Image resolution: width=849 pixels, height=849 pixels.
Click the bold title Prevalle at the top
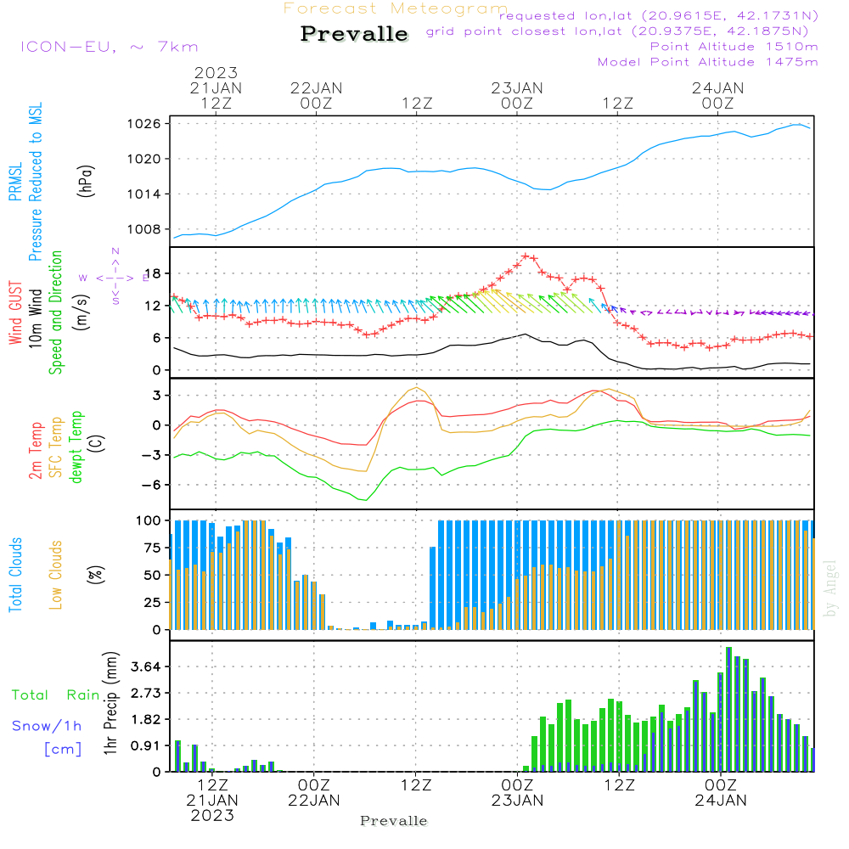[354, 35]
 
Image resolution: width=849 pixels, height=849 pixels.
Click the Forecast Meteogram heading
[396, 8]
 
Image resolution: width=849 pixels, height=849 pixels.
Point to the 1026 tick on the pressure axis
[145, 124]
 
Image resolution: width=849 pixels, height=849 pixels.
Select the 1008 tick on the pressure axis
[145, 229]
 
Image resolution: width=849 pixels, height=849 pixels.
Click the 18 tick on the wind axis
[154, 273]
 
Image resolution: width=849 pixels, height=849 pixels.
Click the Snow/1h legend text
[48, 726]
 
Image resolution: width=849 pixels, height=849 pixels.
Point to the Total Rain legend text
[56, 695]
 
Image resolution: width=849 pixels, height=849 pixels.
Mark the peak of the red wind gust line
[526, 256]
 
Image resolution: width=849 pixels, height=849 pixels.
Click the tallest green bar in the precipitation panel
[728, 709]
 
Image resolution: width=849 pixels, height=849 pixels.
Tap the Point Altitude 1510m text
[734, 47]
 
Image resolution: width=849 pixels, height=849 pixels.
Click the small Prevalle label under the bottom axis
[394, 821]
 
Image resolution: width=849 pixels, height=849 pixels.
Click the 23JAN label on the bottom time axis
[518, 800]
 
